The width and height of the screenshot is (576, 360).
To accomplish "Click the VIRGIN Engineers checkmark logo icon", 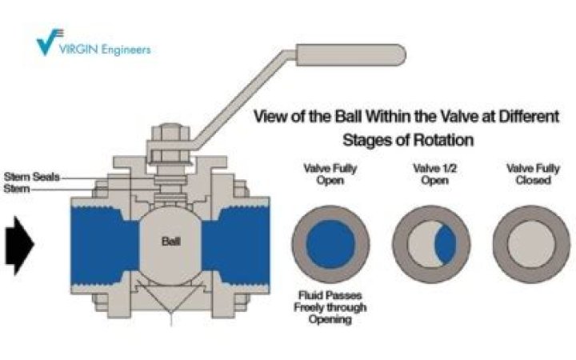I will click(50, 40).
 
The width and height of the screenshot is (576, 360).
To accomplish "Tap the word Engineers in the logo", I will click(123, 50).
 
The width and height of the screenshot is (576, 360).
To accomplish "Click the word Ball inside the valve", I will click(171, 241).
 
